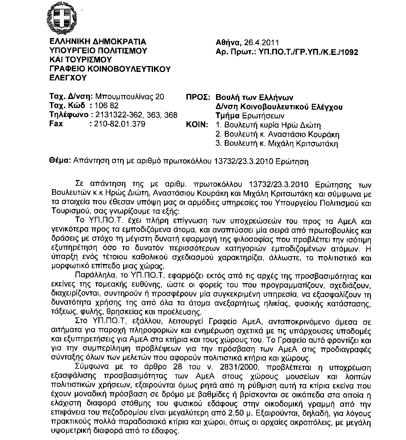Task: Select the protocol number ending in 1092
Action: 309,52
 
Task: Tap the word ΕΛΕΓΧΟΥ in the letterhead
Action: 68,78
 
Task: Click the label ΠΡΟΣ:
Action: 198,97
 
